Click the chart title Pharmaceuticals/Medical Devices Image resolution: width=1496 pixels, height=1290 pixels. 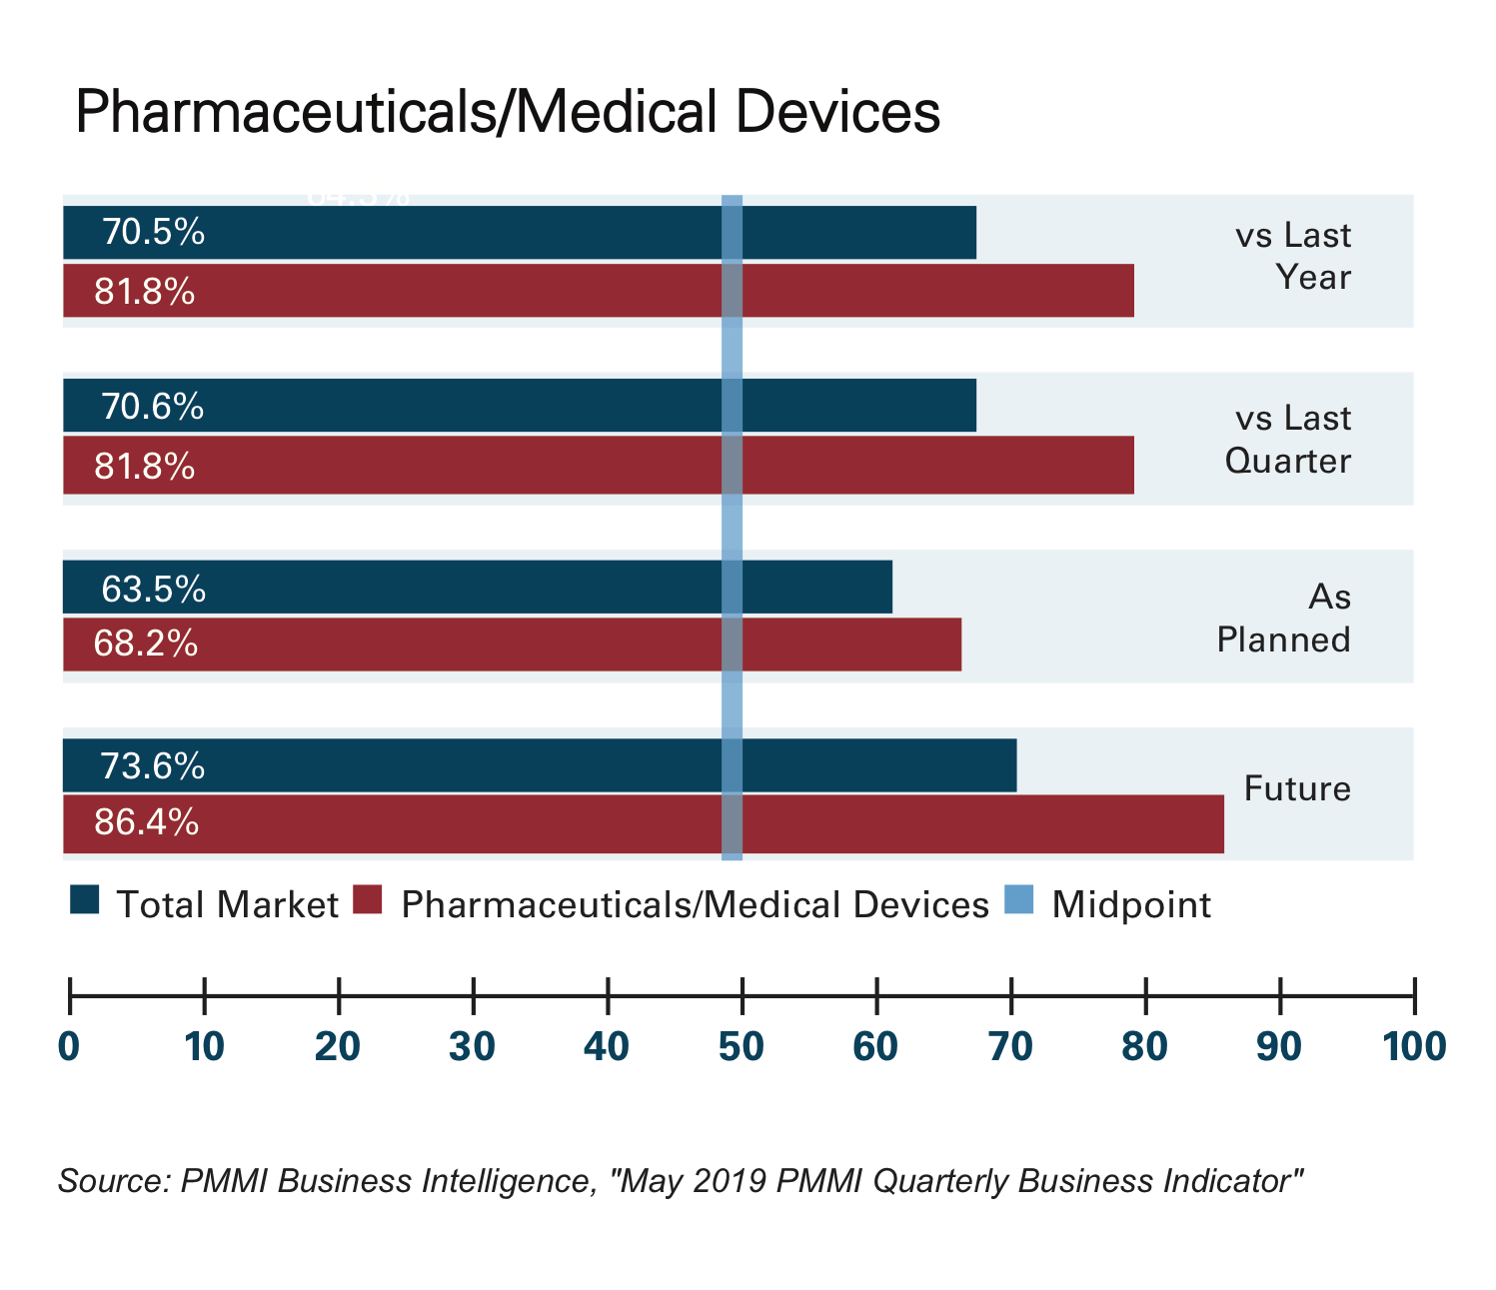[x=507, y=112]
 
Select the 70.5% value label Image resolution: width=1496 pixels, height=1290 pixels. [x=153, y=233]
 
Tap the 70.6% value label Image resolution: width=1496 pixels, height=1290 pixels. [x=153, y=407]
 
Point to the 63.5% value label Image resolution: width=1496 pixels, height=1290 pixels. [x=154, y=589]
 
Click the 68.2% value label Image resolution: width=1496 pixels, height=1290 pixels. [x=145, y=644]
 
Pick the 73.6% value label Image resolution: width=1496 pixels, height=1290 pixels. [x=153, y=766]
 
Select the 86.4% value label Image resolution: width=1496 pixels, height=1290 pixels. [x=146, y=822]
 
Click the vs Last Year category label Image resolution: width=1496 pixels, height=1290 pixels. [x=1293, y=256]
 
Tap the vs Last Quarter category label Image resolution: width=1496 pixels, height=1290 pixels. [x=1288, y=439]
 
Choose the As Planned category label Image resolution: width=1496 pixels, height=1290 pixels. [x=1284, y=618]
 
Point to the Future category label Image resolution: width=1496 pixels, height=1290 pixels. [x=1297, y=788]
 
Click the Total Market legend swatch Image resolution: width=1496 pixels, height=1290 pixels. [x=85, y=900]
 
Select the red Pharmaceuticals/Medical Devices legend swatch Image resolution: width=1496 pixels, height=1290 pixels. [x=369, y=900]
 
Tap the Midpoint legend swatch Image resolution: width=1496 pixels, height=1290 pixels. [x=1020, y=900]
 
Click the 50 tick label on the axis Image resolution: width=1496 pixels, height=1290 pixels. [x=742, y=1046]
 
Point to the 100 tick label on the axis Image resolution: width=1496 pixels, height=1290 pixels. [x=1413, y=1046]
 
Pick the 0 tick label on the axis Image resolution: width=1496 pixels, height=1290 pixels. [x=69, y=1046]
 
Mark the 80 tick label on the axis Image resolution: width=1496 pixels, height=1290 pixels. [x=1145, y=1046]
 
